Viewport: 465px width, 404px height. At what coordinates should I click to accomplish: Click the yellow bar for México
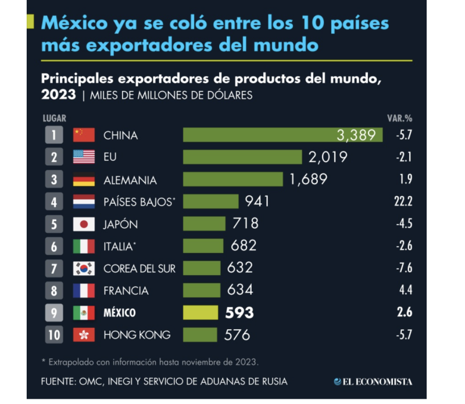pos(201,312)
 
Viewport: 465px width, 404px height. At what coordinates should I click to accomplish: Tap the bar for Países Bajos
pos(210,201)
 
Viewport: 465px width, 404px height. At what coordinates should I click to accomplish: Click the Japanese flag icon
pos(84,224)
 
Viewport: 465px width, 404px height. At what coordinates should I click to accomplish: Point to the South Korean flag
pos(84,268)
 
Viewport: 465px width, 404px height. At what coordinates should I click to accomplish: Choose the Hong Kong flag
pos(84,334)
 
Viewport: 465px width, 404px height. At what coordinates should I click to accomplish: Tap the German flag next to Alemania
pos(84,179)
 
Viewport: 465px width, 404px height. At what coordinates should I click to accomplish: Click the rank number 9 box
pos(54,312)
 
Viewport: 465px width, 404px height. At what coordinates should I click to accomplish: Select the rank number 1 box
pos(54,135)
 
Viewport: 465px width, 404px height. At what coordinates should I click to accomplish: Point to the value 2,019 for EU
pos(328,157)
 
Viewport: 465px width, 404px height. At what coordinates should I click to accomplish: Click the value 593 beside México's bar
pos(239,312)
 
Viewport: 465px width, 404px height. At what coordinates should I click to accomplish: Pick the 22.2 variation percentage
pos(402,201)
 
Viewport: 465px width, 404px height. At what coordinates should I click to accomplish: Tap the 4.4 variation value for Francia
pos(405,290)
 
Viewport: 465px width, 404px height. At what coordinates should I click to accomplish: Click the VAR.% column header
pos(400,118)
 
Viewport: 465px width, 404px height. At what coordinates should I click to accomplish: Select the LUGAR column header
pos(55,118)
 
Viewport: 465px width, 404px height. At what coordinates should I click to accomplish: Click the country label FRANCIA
pos(126,290)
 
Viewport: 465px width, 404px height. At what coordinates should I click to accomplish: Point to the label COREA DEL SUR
pos(139,268)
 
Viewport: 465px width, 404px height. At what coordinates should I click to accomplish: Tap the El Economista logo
pos(373,381)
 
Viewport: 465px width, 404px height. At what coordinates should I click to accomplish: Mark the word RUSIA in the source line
pos(272,381)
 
